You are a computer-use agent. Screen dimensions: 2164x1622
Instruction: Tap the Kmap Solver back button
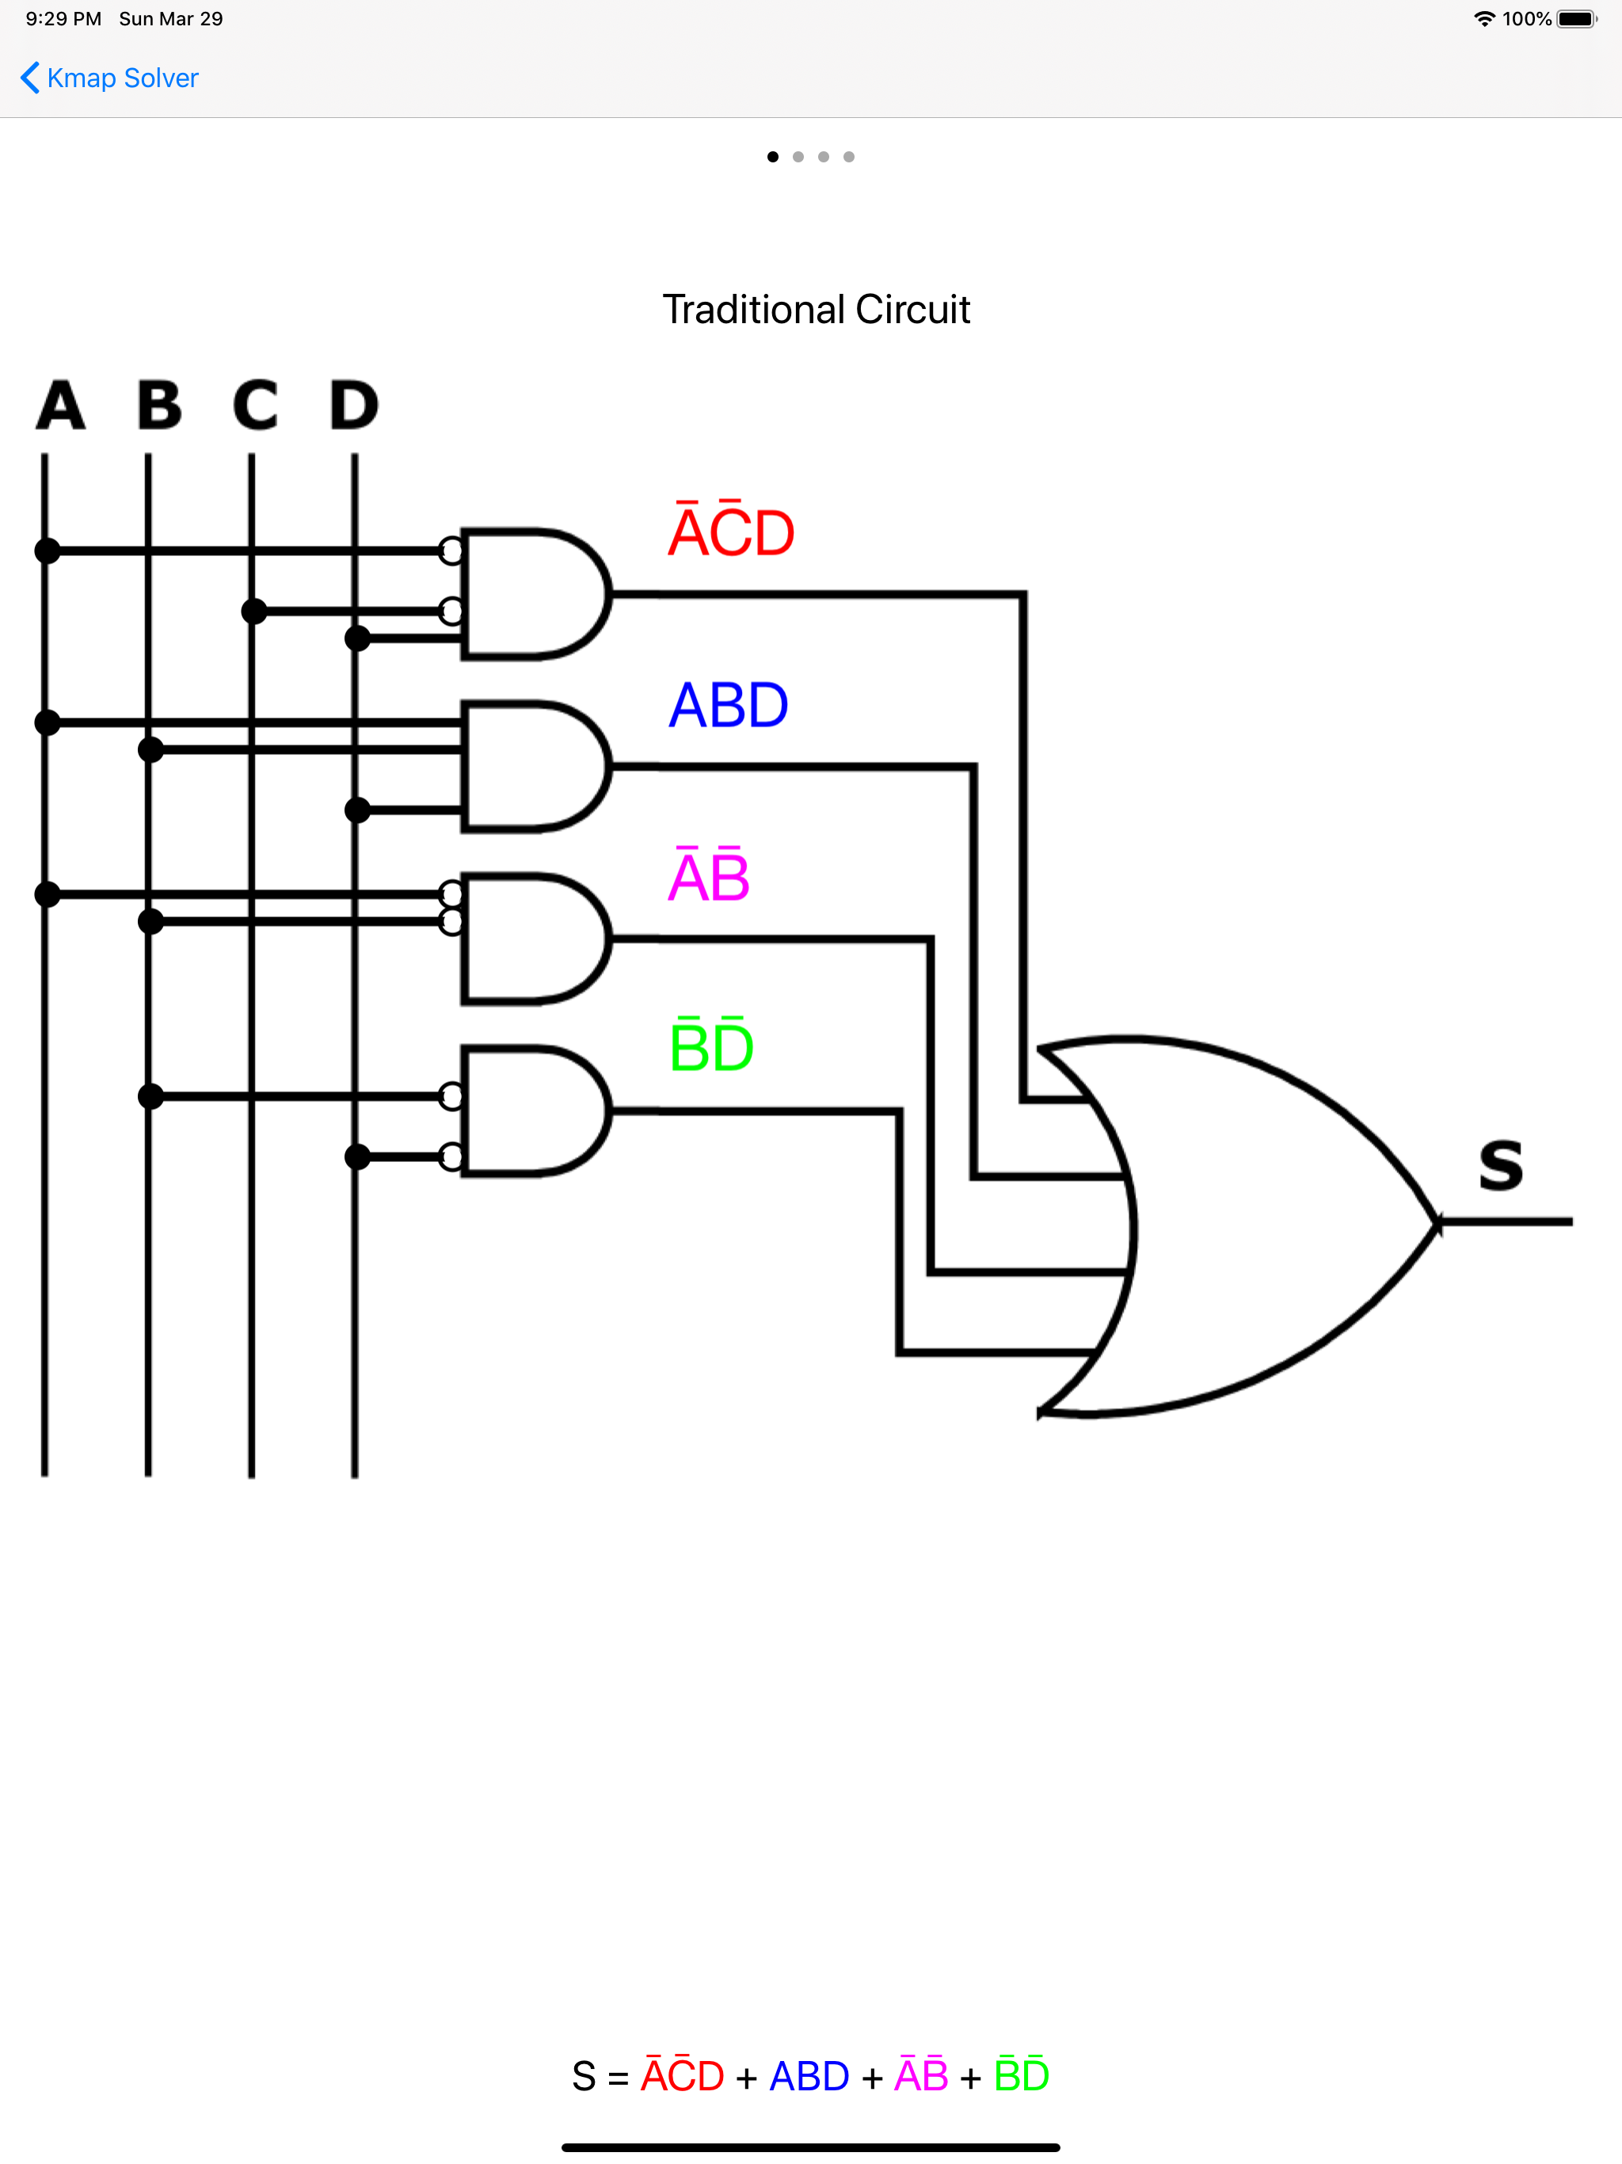[x=109, y=78]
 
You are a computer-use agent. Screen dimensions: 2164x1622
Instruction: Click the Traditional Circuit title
[x=816, y=309]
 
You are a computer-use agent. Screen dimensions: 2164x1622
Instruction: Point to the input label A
[x=61, y=405]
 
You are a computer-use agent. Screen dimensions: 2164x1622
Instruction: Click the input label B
[x=159, y=405]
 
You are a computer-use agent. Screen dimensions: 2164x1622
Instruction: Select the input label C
[x=255, y=405]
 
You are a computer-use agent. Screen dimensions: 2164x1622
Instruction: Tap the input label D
[x=353, y=405]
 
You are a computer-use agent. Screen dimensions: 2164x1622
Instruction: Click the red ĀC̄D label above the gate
[x=731, y=531]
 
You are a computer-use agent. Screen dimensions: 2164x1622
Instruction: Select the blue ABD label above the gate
[x=728, y=704]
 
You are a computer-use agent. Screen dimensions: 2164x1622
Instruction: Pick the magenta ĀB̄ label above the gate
[x=708, y=875]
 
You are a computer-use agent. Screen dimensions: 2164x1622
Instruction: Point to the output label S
[x=1501, y=1165]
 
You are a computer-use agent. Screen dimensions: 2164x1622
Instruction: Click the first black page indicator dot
[x=773, y=157]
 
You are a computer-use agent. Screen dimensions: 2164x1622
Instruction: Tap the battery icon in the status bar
[x=1576, y=18]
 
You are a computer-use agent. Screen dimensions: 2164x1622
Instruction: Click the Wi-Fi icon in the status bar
[x=1484, y=18]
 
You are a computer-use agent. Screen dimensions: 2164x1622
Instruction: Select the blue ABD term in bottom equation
[x=809, y=2076]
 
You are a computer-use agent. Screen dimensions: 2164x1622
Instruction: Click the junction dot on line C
[x=254, y=611]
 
